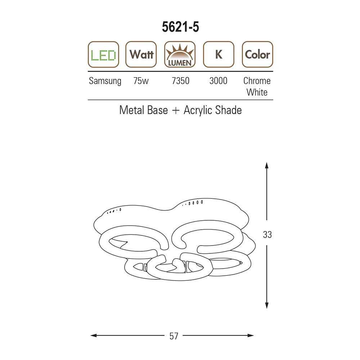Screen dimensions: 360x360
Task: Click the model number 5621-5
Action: coord(180,27)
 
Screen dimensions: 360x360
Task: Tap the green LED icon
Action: coord(103,54)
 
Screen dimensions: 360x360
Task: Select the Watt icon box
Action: coord(141,54)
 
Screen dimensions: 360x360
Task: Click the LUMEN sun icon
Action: coord(180,54)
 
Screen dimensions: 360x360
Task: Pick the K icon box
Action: coord(219,54)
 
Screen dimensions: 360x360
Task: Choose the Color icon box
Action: coord(257,54)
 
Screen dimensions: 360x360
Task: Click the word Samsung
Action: coord(105,81)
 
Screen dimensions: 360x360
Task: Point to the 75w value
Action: coord(141,81)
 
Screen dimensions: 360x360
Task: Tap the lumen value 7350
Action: coord(180,81)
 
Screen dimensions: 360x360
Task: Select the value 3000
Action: coord(219,81)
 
